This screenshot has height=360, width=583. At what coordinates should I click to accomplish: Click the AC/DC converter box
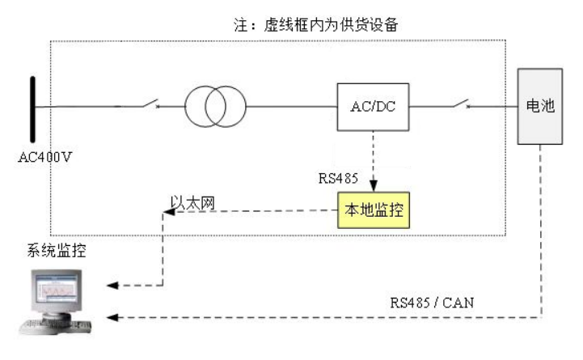point(373,107)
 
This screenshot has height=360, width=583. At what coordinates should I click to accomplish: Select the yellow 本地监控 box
point(374,210)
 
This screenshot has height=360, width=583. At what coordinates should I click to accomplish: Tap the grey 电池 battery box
point(540,106)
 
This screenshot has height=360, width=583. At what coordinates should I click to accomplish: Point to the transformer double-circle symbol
point(215,106)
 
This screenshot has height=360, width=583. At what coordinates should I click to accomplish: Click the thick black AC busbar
point(32,109)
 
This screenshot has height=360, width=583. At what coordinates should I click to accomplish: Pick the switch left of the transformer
point(150,104)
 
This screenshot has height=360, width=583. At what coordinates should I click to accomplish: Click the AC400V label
point(44,157)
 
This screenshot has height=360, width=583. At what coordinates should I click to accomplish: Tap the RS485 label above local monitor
point(338,178)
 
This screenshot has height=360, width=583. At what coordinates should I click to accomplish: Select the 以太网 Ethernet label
point(193,203)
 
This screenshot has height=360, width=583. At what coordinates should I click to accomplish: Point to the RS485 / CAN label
point(432,303)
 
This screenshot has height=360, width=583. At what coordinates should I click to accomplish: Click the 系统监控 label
point(57,250)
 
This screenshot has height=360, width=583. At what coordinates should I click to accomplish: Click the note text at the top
point(316,25)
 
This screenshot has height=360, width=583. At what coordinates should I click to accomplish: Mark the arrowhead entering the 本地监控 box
point(374,185)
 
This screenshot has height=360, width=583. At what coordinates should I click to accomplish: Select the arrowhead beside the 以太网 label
point(169,212)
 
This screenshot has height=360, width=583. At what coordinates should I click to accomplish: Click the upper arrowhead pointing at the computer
point(112,286)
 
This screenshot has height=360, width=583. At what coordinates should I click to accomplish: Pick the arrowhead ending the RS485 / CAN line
point(112,317)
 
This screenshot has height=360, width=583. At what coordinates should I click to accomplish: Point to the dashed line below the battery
point(541,231)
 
